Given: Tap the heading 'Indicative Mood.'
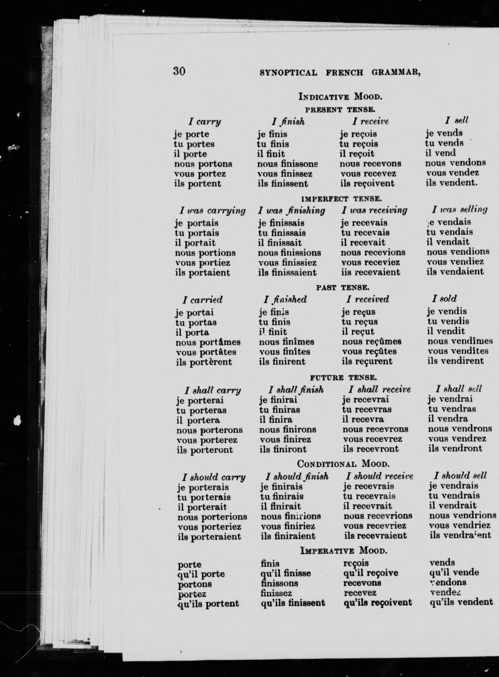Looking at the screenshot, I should click(x=340, y=97).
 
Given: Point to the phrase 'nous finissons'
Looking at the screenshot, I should click(x=288, y=164).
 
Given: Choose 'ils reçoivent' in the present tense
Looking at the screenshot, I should click(x=367, y=183).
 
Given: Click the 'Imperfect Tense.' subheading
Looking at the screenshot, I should click(x=341, y=199).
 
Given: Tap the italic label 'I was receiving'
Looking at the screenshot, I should click(x=374, y=210).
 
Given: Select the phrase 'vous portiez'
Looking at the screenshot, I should click(x=203, y=263).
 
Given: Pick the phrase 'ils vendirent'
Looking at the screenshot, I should click(x=455, y=361).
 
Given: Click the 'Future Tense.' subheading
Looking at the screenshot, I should click(x=343, y=377).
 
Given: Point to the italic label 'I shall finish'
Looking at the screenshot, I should click(x=296, y=390).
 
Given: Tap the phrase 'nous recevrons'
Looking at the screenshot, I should click(x=375, y=429).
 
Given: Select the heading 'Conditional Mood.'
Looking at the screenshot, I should click(x=343, y=464).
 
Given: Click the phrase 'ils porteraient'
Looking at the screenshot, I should click(x=209, y=537).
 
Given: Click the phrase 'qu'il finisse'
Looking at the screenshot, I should click(x=286, y=573).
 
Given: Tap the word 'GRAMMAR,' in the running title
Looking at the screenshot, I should click(x=396, y=72).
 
